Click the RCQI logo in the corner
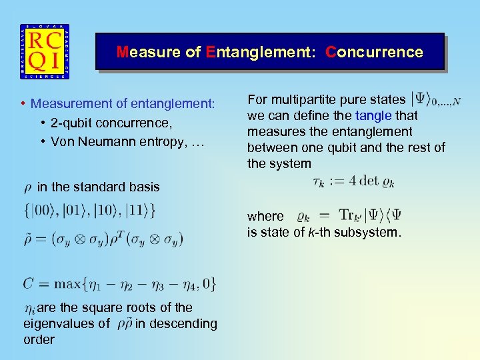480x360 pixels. coord(44,52)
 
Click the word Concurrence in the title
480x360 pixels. coord(374,52)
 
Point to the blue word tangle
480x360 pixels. coord(374,115)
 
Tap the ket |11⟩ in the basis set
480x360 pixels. coord(136,211)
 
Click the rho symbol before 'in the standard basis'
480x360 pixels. coord(27,187)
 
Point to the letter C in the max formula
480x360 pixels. coord(28,283)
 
